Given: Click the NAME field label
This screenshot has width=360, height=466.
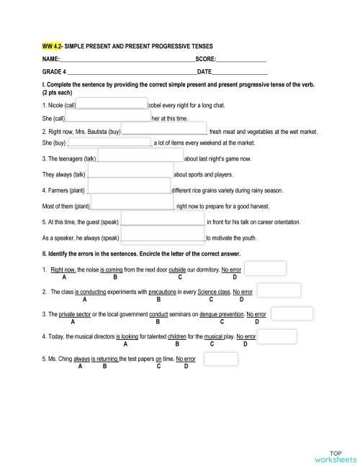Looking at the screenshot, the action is [50, 58].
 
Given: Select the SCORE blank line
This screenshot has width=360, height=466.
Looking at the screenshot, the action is [240, 58].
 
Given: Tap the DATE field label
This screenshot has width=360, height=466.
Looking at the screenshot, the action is [204, 72].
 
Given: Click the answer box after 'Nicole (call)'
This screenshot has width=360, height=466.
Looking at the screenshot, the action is [112, 105].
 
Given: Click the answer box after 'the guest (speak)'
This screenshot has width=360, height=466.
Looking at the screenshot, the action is [163, 222].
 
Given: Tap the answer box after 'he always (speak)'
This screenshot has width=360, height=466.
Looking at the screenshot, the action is [163, 237].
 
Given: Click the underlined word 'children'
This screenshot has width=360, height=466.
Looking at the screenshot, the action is [181, 336].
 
